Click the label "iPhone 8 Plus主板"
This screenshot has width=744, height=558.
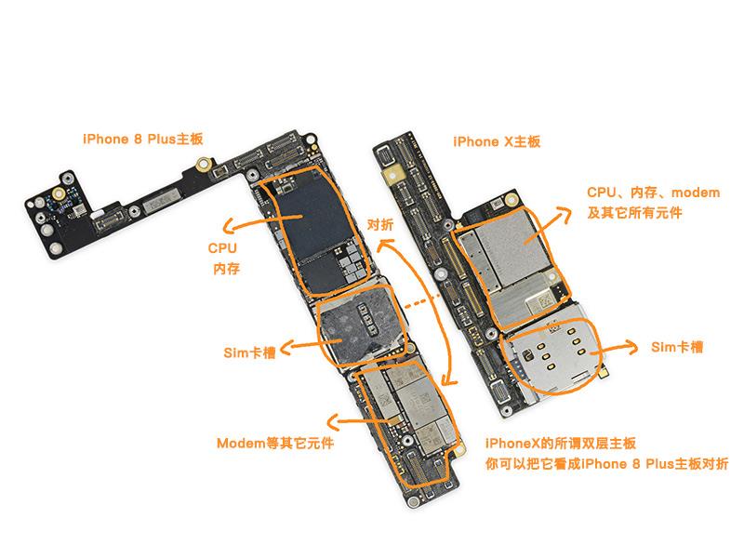142,139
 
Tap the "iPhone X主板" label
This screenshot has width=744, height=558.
497,142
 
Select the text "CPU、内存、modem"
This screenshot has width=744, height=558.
653,193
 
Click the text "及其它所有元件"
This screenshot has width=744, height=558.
635,213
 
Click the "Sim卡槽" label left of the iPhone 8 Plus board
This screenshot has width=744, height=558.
249,352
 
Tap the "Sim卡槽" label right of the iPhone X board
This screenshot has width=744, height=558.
676,347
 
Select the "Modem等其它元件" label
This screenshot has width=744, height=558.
274,443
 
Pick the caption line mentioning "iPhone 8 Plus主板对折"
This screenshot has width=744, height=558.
606,463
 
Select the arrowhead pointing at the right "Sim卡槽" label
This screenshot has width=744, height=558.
635,349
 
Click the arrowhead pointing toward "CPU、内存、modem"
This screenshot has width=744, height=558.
568,213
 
